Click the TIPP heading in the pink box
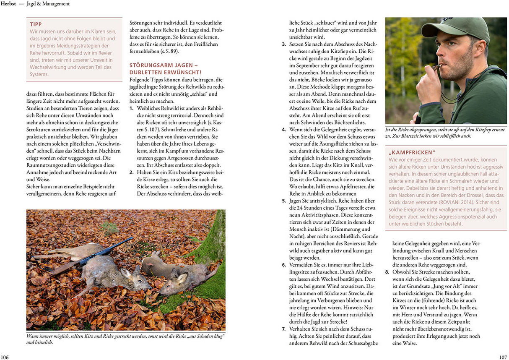point(36,24)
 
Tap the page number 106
point(5,357)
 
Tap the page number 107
point(503,357)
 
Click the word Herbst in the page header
point(8,4)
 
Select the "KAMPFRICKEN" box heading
point(412,152)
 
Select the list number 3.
point(283,44)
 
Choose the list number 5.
point(283,201)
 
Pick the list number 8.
point(387,272)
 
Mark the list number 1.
point(131,108)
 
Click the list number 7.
point(283,329)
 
